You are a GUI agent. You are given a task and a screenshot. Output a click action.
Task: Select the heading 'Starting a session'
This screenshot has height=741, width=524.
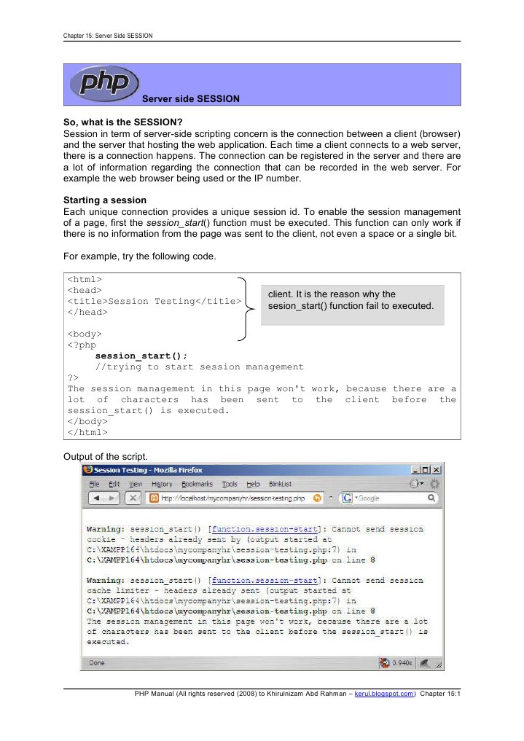(x=106, y=200)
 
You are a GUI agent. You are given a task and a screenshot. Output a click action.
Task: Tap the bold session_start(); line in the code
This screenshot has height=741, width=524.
(x=136, y=356)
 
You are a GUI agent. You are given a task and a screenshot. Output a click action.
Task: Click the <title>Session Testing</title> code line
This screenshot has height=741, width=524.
(x=154, y=301)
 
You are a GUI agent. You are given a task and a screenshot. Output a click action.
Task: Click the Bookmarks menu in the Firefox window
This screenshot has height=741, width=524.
(x=197, y=484)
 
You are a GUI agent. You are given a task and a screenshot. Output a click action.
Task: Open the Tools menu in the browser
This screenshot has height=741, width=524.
(x=230, y=484)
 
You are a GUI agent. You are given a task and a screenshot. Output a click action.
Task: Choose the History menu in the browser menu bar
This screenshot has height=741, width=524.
(x=162, y=484)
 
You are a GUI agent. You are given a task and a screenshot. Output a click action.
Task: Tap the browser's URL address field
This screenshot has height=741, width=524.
(x=233, y=498)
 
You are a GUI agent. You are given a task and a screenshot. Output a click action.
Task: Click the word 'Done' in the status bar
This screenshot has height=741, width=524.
(x=98, y=663)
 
